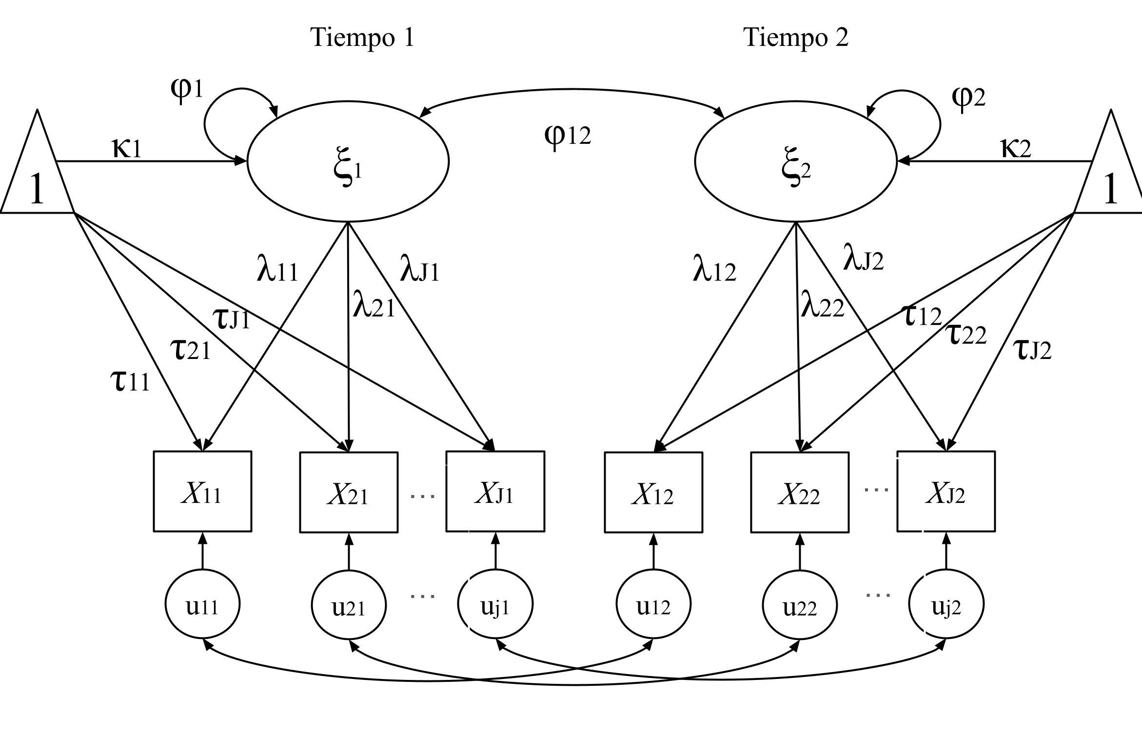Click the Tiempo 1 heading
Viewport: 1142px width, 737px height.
(362, 38)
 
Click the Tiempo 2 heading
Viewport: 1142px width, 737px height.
(795, 38)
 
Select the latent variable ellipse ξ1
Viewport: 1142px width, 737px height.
(348, 161)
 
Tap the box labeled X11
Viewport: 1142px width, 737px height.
(202, 491)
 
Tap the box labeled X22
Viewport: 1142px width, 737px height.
(799, 492)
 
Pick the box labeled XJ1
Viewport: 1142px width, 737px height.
(495, 491)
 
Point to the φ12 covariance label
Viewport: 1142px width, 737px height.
(567, 136)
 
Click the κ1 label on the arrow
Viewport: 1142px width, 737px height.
(127, 148)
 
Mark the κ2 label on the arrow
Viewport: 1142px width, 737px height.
(1016, 148)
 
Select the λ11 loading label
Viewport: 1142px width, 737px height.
(277, 271)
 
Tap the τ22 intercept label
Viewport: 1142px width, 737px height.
(965, 335)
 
